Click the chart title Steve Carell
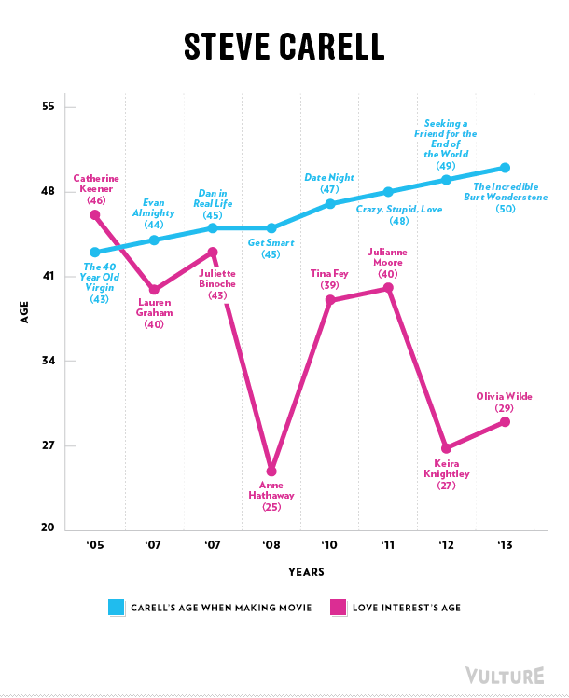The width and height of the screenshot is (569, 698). coord(284,46)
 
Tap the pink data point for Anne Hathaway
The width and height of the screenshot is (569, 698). coord(271,471)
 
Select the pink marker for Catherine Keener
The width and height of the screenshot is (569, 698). coord(95,215)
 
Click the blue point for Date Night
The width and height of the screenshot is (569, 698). coord(329,203)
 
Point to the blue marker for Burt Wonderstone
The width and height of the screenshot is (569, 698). coord(505,168)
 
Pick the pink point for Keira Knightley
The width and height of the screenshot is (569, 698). coord(446,448)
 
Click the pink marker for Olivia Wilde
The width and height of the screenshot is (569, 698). coord(505,422)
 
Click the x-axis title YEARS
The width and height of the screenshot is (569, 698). coord(306,571)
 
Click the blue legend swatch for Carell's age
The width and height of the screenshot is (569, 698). coord(118,608)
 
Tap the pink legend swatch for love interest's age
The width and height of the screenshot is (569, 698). coord(338,608)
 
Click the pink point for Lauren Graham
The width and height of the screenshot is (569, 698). coord(154,290)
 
